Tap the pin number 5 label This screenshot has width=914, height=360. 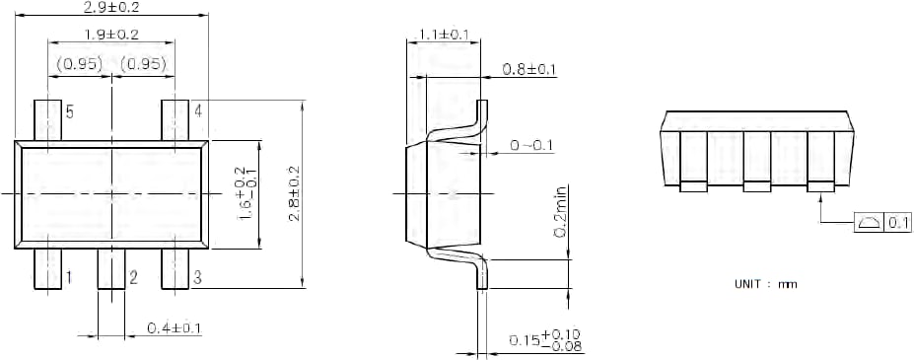(70, 111)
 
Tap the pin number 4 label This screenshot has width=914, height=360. (198, 110)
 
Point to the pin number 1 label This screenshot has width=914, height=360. (68, 278)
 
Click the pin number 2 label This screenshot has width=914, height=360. (132, 278)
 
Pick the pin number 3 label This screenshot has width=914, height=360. (197, 278)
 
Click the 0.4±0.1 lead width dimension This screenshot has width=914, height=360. (175, 327)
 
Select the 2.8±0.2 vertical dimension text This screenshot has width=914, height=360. (294, 193)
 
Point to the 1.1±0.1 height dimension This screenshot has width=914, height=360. (443, 35)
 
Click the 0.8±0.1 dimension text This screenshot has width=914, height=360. (529, 69)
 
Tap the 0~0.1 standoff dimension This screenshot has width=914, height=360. (531, 146)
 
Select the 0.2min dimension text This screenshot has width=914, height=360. (559, 211)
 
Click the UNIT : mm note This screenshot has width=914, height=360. (765, 284)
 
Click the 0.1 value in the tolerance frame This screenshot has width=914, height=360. (898, 223)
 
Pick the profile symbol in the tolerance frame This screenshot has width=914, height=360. (869, 223)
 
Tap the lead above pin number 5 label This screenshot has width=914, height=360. (47, 119)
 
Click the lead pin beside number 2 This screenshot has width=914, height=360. (110, 269)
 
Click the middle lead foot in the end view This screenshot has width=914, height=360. (756, 185)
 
